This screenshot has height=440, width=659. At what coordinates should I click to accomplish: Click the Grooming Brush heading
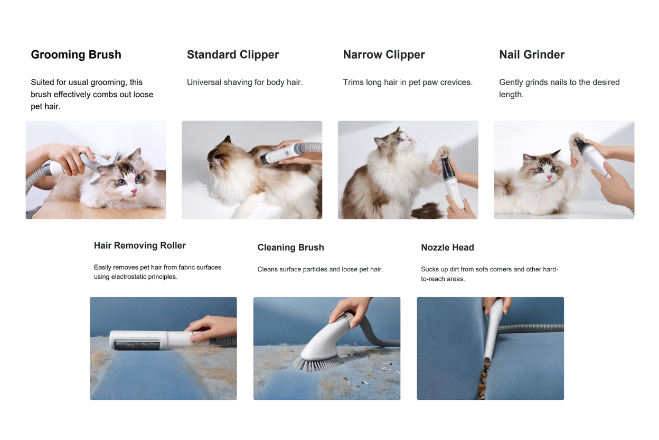(76, 55)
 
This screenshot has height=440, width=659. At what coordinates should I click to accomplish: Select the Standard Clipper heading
(233, 55)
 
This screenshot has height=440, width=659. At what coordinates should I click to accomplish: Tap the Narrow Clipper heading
(384, 55)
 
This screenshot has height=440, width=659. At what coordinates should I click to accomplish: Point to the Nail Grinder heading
(532, 55)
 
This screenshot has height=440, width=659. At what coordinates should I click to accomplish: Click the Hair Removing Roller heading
(140, 245)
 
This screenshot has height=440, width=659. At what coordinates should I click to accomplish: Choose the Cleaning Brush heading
(290, 247)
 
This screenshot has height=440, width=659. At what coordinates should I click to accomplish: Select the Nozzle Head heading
(447, 247)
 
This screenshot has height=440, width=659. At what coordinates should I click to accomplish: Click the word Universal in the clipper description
(204, 82)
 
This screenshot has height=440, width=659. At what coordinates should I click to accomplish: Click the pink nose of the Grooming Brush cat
(134, 191)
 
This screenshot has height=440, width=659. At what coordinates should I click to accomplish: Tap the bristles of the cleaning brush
(317, 364)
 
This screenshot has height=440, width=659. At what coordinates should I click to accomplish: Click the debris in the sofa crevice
(483, 382)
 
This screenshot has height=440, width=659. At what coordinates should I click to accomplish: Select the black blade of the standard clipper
(263, 159)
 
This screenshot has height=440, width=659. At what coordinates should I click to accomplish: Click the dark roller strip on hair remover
(137, 345)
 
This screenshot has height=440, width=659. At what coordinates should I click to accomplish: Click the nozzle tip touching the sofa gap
(487, 360)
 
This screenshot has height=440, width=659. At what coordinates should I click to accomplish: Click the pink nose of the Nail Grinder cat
(549, 177)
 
